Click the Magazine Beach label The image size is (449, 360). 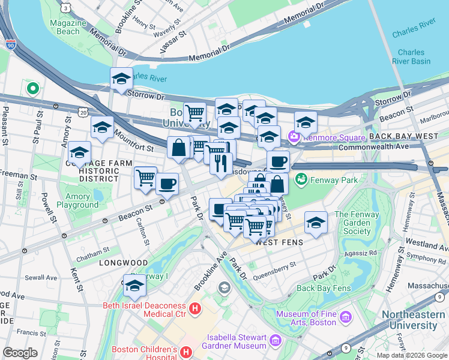click(x=65, y=26)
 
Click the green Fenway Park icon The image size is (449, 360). click(x=301, y=179)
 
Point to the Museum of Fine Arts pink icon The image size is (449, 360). click(x=346, y=316)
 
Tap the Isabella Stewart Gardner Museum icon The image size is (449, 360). click(x=276, y=341)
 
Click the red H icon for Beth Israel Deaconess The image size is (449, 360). click(x=194, y=309)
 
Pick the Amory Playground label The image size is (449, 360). click(x=77, y=200)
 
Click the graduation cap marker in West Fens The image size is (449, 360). click(x=316, y=223)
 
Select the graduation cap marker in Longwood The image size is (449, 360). click(x=135, y=287)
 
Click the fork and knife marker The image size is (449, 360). click(x=221, y=163)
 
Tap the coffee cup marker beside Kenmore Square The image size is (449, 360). click(x=278, y=161)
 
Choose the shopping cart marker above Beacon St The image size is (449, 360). click(x=145, y=178)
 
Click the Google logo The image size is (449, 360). click(x=20, y=353)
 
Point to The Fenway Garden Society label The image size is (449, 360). click(x=353, y=223)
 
